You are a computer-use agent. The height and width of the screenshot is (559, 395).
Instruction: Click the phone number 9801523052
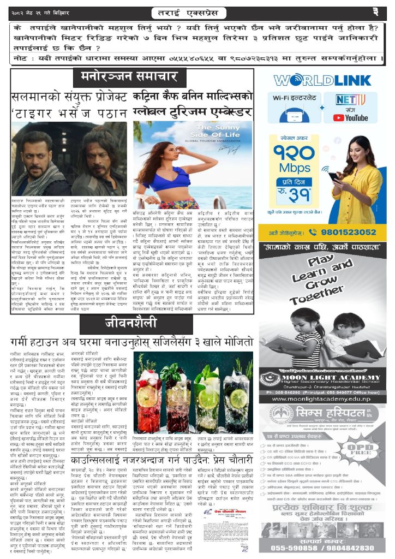click(338, 231)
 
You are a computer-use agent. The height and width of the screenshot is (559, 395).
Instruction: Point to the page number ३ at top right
click(375, 11)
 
